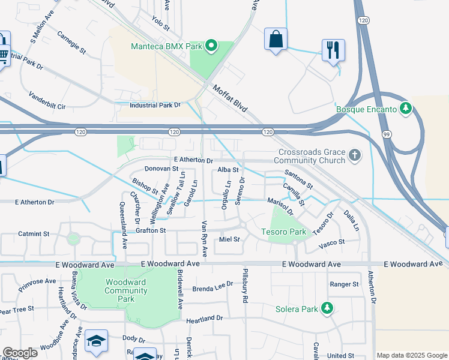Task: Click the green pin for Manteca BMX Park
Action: tap(211, 46)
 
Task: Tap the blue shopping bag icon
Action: tap(276, 40)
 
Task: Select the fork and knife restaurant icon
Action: tap(333, 50)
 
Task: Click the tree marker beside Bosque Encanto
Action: tap(406, 109)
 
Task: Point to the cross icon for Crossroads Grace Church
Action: tap(355, 156)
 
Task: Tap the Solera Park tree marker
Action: tap(327, 308)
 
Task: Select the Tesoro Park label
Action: tap(283, 232)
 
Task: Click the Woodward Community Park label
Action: tap(126, 290)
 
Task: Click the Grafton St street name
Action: tap(150, 230)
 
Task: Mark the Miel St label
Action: tap(229, 239)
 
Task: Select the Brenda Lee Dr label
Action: tap(212, 287)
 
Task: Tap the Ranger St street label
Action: tap(344, 284)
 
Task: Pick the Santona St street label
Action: tap(298, 179)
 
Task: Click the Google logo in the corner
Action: tap(20, 352)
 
